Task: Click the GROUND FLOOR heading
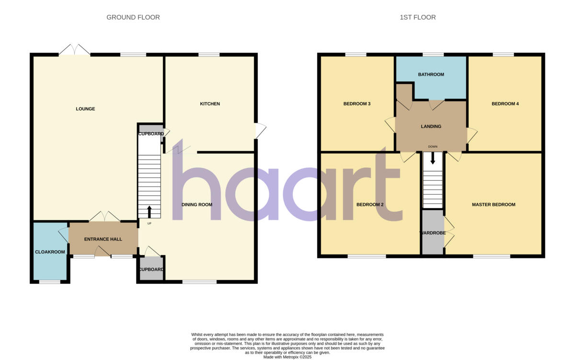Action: tap(133, 17)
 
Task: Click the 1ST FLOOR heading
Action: tap(418, 17)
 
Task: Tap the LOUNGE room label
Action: tap(85, 109)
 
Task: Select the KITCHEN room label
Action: tap(210, 104)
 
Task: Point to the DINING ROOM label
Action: tap(196, 205)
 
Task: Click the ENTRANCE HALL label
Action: tap(103, 239)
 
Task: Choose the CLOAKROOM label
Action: tap(50, 252)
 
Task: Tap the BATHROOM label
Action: tap(431, 74)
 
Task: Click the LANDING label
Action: tap(431, 127)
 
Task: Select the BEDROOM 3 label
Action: tap(357, 104)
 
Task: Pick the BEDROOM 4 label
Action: tap(505, 104)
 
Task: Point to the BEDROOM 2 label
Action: tap(370, 205)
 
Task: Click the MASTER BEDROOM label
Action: tap(494, 205)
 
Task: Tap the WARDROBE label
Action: tap(433, 233)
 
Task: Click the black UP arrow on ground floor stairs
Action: tap(149, 211)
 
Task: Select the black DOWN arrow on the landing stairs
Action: tap(433, 158)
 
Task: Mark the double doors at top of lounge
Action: tap(74, 50)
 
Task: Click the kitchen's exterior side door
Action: tap(260, 131)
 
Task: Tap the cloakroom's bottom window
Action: tap(49, 282)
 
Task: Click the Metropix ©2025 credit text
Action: tap(287, 357)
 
